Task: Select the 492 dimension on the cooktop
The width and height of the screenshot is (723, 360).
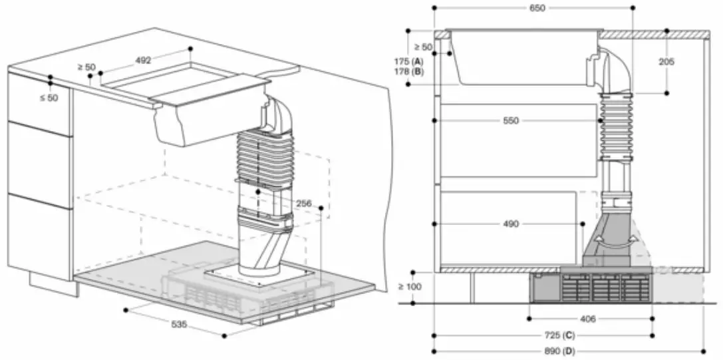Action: (x=143, y=60)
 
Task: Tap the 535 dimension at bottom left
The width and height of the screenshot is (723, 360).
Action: (x=179, y=324)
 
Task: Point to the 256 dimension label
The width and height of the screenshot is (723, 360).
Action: (x=303, y=203)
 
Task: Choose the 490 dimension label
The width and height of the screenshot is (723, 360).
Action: (x=510, y=224)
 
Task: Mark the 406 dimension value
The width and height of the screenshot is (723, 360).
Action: (x=587, y=319)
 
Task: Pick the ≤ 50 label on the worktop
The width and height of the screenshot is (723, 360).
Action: (x=51, y=98)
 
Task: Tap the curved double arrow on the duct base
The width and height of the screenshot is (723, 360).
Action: (x=606, y=242)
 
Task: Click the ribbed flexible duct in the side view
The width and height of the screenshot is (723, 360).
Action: (x=615, y=126)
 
